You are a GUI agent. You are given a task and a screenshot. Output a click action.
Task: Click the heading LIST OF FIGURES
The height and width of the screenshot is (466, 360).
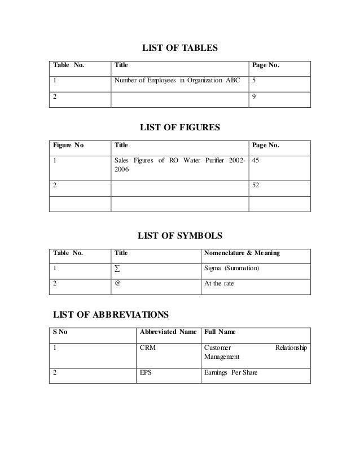pos(179,129)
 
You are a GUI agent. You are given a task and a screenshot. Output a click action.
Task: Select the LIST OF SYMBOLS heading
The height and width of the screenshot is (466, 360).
pos(179,235)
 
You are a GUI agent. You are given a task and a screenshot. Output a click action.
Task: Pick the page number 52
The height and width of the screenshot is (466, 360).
pos(257,185)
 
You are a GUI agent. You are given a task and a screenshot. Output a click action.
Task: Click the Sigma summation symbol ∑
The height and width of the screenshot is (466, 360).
pos(117,269)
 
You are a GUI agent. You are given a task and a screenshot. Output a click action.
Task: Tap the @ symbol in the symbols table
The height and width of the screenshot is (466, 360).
pos(117,284)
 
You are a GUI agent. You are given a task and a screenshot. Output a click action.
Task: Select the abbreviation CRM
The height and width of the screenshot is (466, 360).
pos(147,348)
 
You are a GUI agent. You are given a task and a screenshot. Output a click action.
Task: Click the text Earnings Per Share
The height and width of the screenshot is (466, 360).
pos(230,373)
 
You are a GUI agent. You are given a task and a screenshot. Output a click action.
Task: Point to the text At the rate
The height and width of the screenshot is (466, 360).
pos(218,284)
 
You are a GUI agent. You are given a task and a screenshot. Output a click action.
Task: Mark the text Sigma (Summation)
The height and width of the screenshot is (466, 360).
pos(231,269)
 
